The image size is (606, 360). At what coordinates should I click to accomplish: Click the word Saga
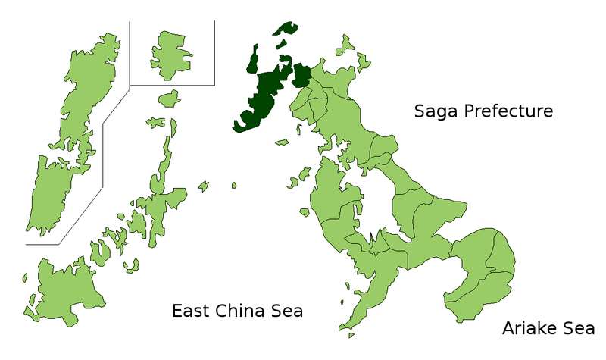436,112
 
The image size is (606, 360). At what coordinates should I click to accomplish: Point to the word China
242,311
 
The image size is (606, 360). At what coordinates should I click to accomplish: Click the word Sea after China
289,311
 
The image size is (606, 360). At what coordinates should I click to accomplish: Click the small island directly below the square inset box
170,98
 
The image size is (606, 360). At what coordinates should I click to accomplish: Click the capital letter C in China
223,311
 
